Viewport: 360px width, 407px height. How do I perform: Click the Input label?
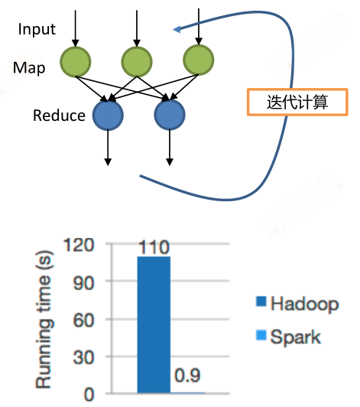(x=37, y=29)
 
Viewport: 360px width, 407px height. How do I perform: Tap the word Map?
(x=29, y=68)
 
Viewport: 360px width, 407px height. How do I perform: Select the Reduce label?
(x=59, y=116)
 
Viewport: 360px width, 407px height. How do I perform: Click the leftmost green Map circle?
(x=76, y=62)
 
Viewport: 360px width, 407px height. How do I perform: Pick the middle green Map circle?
(x=137, y=62)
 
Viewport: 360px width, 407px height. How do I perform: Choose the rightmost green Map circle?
(x=199, y=60)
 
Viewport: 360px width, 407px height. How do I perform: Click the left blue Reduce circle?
(x=108, y=115)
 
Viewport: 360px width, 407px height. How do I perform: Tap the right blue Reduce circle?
(x=170, y=115)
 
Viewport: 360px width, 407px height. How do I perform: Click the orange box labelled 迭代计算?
(x=297, y=102)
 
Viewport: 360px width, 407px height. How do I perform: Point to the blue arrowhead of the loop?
(x=177, y=29)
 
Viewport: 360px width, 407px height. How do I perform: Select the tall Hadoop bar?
(x=154, y=324)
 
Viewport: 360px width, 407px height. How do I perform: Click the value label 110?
(x=154, y=247)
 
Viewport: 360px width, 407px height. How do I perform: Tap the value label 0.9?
(x=187, y=376)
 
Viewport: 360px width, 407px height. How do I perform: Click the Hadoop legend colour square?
(x=261, y=301)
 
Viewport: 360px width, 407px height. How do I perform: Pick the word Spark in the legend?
(x=296, y=337)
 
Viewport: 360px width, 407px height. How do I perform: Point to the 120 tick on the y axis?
(x=79, y=245)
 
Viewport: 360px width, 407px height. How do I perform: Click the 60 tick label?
(x=83, y=320)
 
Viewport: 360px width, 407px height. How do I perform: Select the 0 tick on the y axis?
(x=89, y=395)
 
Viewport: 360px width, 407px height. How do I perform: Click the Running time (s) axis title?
(x=44, y=320)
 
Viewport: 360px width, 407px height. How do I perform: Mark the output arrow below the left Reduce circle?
(x=108, y=148)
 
